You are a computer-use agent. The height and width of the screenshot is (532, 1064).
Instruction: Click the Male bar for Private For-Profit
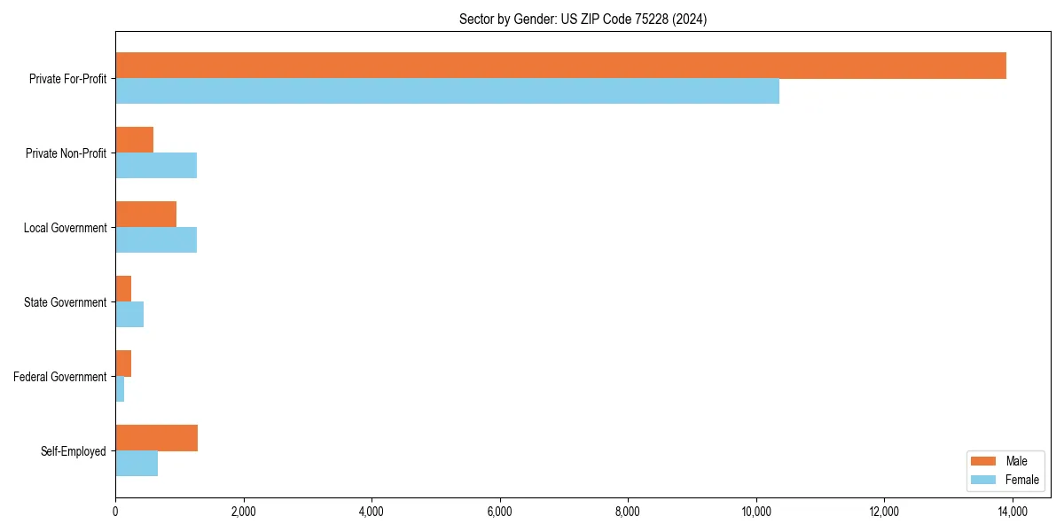(560, 66)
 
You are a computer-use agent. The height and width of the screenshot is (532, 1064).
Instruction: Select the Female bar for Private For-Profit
(447, 91)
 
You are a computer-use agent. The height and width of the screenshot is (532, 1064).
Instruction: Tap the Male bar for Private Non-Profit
(134, 140)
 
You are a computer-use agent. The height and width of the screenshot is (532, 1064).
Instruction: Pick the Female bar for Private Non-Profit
(156, 166)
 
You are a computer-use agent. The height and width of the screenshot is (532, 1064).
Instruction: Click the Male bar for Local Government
(145, 215)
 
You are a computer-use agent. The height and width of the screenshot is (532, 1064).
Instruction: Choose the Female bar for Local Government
(156, 240)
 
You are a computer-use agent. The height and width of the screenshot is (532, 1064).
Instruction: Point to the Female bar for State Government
(129, 315)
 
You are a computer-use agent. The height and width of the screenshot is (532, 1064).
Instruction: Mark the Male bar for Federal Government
(123, 364)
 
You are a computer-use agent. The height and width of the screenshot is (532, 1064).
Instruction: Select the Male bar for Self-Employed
(156, 438)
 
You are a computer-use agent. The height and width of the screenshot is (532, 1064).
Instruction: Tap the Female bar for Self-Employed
(137, 464)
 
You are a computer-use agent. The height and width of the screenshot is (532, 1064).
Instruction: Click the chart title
(583, 19)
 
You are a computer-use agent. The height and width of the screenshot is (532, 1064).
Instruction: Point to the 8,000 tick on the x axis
(628, 512)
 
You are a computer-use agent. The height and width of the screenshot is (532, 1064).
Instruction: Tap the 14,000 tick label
(1013, 512)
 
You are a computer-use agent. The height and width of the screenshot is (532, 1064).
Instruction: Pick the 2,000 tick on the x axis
(243, 512)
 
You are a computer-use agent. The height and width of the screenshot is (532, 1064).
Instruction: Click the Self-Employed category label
(74, 451)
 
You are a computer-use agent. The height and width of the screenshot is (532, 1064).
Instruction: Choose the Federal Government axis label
(60, 377)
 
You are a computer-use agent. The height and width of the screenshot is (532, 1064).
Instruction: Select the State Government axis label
(66, 302)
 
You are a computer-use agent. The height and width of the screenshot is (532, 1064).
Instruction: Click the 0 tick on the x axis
(115, 512)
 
